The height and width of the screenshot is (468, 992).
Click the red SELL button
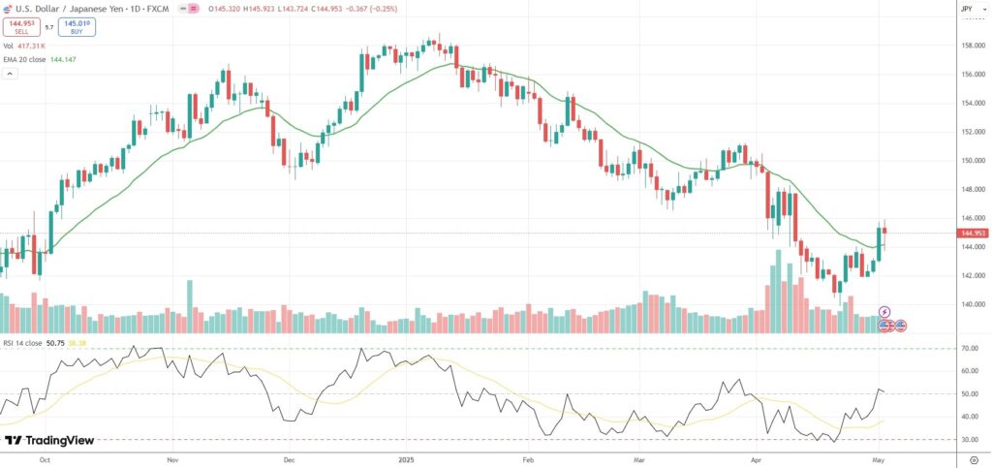pyautogui.click(x=21, y=27)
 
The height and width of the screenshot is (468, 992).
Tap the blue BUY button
pyautogui.click(x=77, y=27)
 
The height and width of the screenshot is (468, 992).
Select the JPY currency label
pyautogui.click(x=966, y=9)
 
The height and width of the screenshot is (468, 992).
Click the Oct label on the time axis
pyautogui.click(x=45, y=462)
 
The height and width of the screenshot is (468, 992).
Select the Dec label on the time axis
pyautogui.click(x=288, y=462)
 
